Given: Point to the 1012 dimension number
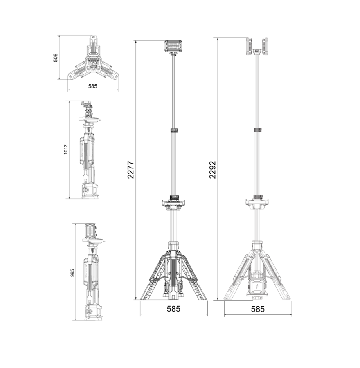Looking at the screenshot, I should pos(65,150).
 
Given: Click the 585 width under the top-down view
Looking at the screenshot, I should pos(93,86).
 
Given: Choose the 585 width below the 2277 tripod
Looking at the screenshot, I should pos(173,309).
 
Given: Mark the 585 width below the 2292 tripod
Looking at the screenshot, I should pos(258,309).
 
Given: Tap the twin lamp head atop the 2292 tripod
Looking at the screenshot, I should pos(257,46).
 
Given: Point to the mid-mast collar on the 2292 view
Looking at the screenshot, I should pos(257,130).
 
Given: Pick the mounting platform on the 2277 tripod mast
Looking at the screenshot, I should pos(173,202).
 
